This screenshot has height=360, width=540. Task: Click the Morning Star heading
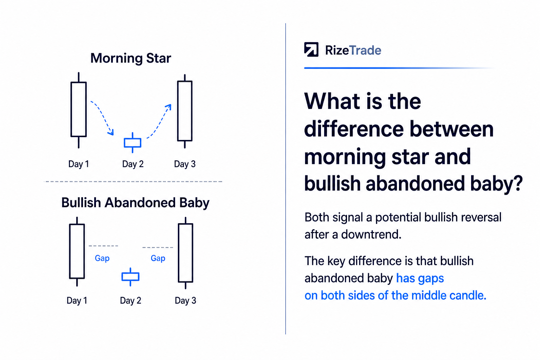131,58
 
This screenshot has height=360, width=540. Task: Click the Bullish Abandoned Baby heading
135,202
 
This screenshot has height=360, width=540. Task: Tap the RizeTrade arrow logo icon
311,50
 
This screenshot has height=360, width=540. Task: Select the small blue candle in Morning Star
132,143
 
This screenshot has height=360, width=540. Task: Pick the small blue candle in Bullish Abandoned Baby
130,277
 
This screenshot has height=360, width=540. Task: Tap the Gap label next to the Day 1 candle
102,258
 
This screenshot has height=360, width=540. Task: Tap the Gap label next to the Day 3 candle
158,258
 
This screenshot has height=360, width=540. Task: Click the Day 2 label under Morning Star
133,164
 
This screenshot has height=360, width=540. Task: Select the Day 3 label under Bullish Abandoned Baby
185,301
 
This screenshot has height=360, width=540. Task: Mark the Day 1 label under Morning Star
79,164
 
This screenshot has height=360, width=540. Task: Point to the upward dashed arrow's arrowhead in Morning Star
168,107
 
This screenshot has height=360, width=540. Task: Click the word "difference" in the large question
354,129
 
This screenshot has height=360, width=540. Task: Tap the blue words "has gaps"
420,278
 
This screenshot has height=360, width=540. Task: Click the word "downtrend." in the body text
371,234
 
